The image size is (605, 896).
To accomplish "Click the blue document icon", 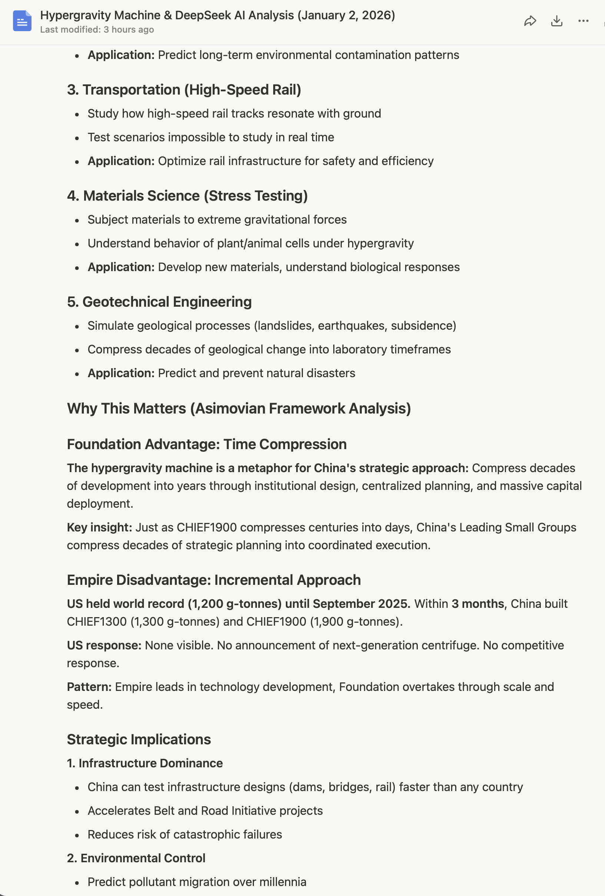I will [x=22, y=21].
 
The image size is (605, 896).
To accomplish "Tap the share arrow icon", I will [x=530, y=21].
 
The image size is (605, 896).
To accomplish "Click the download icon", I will [x=556, y=21].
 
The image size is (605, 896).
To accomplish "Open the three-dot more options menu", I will [x=583, y=21].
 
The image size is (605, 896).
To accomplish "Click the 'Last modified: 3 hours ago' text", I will [x=97, y=30].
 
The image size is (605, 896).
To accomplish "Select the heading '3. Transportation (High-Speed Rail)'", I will [x=184, y=89].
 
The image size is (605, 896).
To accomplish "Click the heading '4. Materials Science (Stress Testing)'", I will [x=187, y=196].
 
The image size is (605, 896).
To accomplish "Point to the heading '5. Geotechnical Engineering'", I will [x=159, y=302].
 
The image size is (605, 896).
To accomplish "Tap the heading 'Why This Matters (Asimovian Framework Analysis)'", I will [x=239, y=408].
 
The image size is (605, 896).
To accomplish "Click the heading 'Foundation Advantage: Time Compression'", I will [x=206, y=444].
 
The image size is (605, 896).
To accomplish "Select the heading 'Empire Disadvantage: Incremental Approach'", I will [x=214, y=580].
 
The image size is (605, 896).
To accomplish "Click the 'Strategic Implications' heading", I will [x=139, y=739].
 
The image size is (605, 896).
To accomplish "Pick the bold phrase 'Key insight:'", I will [x=99, y=527].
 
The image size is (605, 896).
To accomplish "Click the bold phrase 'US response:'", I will [x=104, y=645].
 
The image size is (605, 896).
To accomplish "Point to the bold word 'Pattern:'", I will [x=89, y=687].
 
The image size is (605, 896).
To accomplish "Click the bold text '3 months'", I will [x=477, y=603].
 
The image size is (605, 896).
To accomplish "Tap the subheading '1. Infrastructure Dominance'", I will [x=145, y=763].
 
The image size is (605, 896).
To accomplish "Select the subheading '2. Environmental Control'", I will [x=136, y=858].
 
